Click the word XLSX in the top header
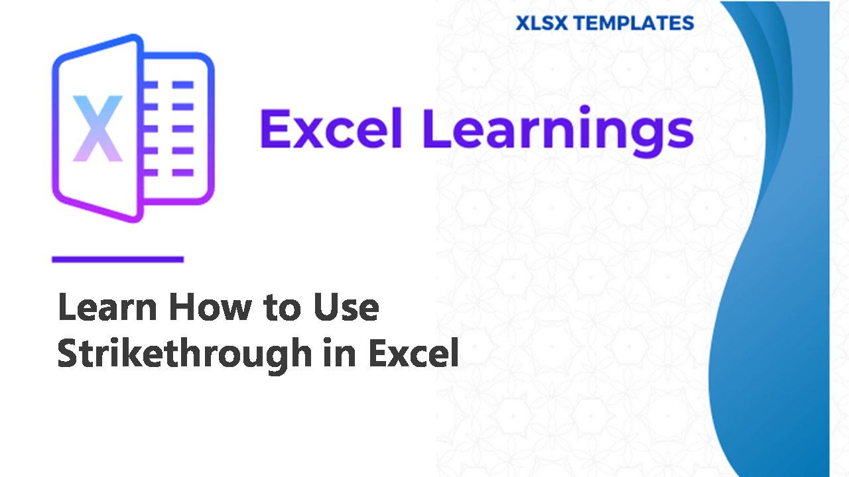click(542, 23)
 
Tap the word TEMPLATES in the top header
click(634, 23)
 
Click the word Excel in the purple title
click(330, 129)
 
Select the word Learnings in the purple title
click(558, 131)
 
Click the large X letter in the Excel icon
click(98, 129)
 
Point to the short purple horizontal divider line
click(118, 259)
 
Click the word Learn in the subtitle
click(107, 307)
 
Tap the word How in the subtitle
click(210, 307)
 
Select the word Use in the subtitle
click(346, 307)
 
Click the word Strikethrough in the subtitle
click(184, 354)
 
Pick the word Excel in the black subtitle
click(413, 353)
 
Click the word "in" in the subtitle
click(340, 353)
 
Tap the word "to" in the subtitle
click(283, 307)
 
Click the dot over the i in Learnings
click(584, 110)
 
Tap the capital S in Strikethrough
click(69, 353)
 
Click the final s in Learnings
click(680, 133)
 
